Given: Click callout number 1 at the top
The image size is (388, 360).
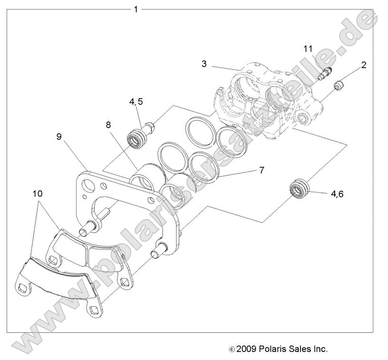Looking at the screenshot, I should click(x=136, y=9).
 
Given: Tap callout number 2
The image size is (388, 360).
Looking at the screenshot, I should click(x=364, y=65).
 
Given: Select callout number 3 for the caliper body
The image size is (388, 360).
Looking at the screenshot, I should click(x=204, y=63).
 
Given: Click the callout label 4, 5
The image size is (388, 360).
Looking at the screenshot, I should click(x=136, y=102).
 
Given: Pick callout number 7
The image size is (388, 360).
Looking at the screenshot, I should click(x=261, y=170).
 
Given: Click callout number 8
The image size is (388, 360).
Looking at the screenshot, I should click(x=109, y=125).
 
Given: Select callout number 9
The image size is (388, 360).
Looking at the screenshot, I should click(x=59, y=137).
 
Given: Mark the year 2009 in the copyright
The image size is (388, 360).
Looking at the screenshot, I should click(x=246, y=349).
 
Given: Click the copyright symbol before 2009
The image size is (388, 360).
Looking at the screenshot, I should click(x=232, y=349).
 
